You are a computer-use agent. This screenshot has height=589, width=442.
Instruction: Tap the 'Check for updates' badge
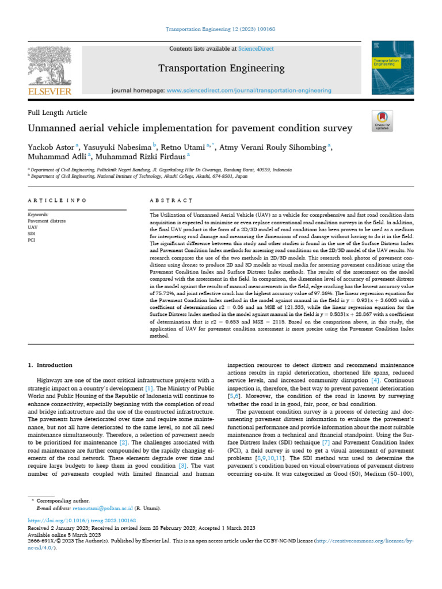[382, 120]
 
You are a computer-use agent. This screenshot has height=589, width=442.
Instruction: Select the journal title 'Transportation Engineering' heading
[221, 68]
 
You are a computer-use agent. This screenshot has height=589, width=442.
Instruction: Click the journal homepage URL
[249, 90]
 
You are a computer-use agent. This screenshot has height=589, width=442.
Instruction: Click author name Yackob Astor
[52, 147]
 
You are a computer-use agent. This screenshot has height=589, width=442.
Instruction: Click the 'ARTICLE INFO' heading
[57, 200]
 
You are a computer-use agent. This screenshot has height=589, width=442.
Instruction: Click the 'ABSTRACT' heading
[170, 200]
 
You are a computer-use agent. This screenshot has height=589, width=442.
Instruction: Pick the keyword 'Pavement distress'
[47, 220]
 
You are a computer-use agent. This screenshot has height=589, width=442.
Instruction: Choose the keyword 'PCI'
[32, 240]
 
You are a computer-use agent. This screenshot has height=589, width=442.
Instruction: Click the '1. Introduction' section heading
[51, 365]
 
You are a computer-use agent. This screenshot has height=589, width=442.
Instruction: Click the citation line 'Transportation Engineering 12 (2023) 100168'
[221, 29]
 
